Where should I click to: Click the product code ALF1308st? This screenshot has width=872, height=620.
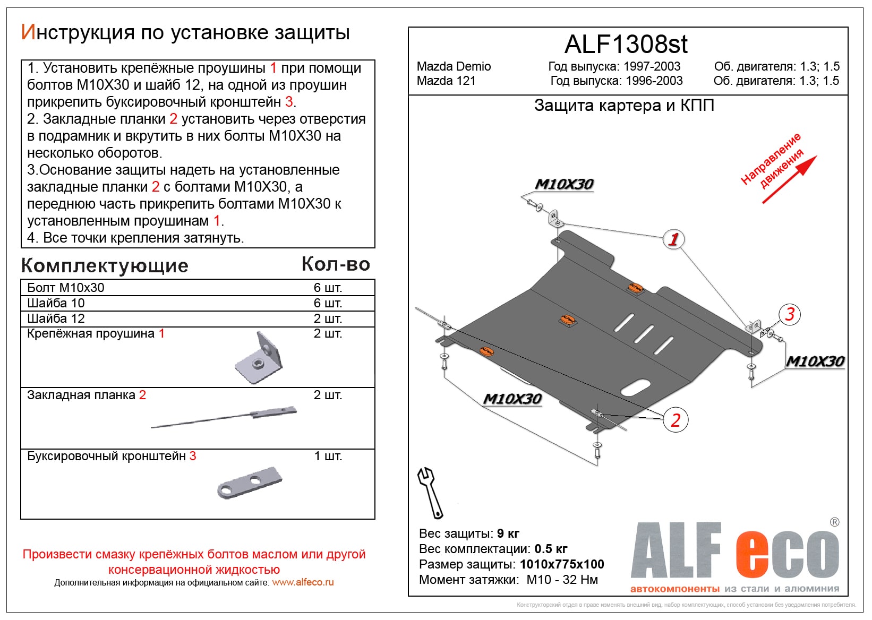[626, 45]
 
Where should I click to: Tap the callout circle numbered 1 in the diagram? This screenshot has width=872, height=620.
[673, 239]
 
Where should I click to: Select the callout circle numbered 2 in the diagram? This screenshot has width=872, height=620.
[675, 420]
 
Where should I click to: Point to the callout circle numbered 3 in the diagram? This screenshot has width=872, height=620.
[790, 314]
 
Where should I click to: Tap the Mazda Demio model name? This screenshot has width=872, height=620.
[454, 66]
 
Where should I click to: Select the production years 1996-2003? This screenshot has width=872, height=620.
[654, 81]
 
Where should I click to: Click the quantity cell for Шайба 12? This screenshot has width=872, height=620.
[328, 318]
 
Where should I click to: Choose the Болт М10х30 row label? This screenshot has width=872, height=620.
[66, 288]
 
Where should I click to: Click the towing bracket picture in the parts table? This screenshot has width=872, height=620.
[250, 482]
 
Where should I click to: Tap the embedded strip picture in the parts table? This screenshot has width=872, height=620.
[224, 418]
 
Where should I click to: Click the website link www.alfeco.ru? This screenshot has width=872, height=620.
[303, 582]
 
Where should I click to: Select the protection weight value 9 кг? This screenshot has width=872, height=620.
[508, 533]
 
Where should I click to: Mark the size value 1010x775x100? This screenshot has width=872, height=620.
[562, 564]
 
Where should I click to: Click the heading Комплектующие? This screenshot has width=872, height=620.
[105, 265]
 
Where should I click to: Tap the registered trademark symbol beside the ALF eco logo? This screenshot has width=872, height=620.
[834, 522]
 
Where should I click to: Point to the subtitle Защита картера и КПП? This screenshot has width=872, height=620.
[624, 106]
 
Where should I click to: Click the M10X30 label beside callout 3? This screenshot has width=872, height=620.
[815, 361]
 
